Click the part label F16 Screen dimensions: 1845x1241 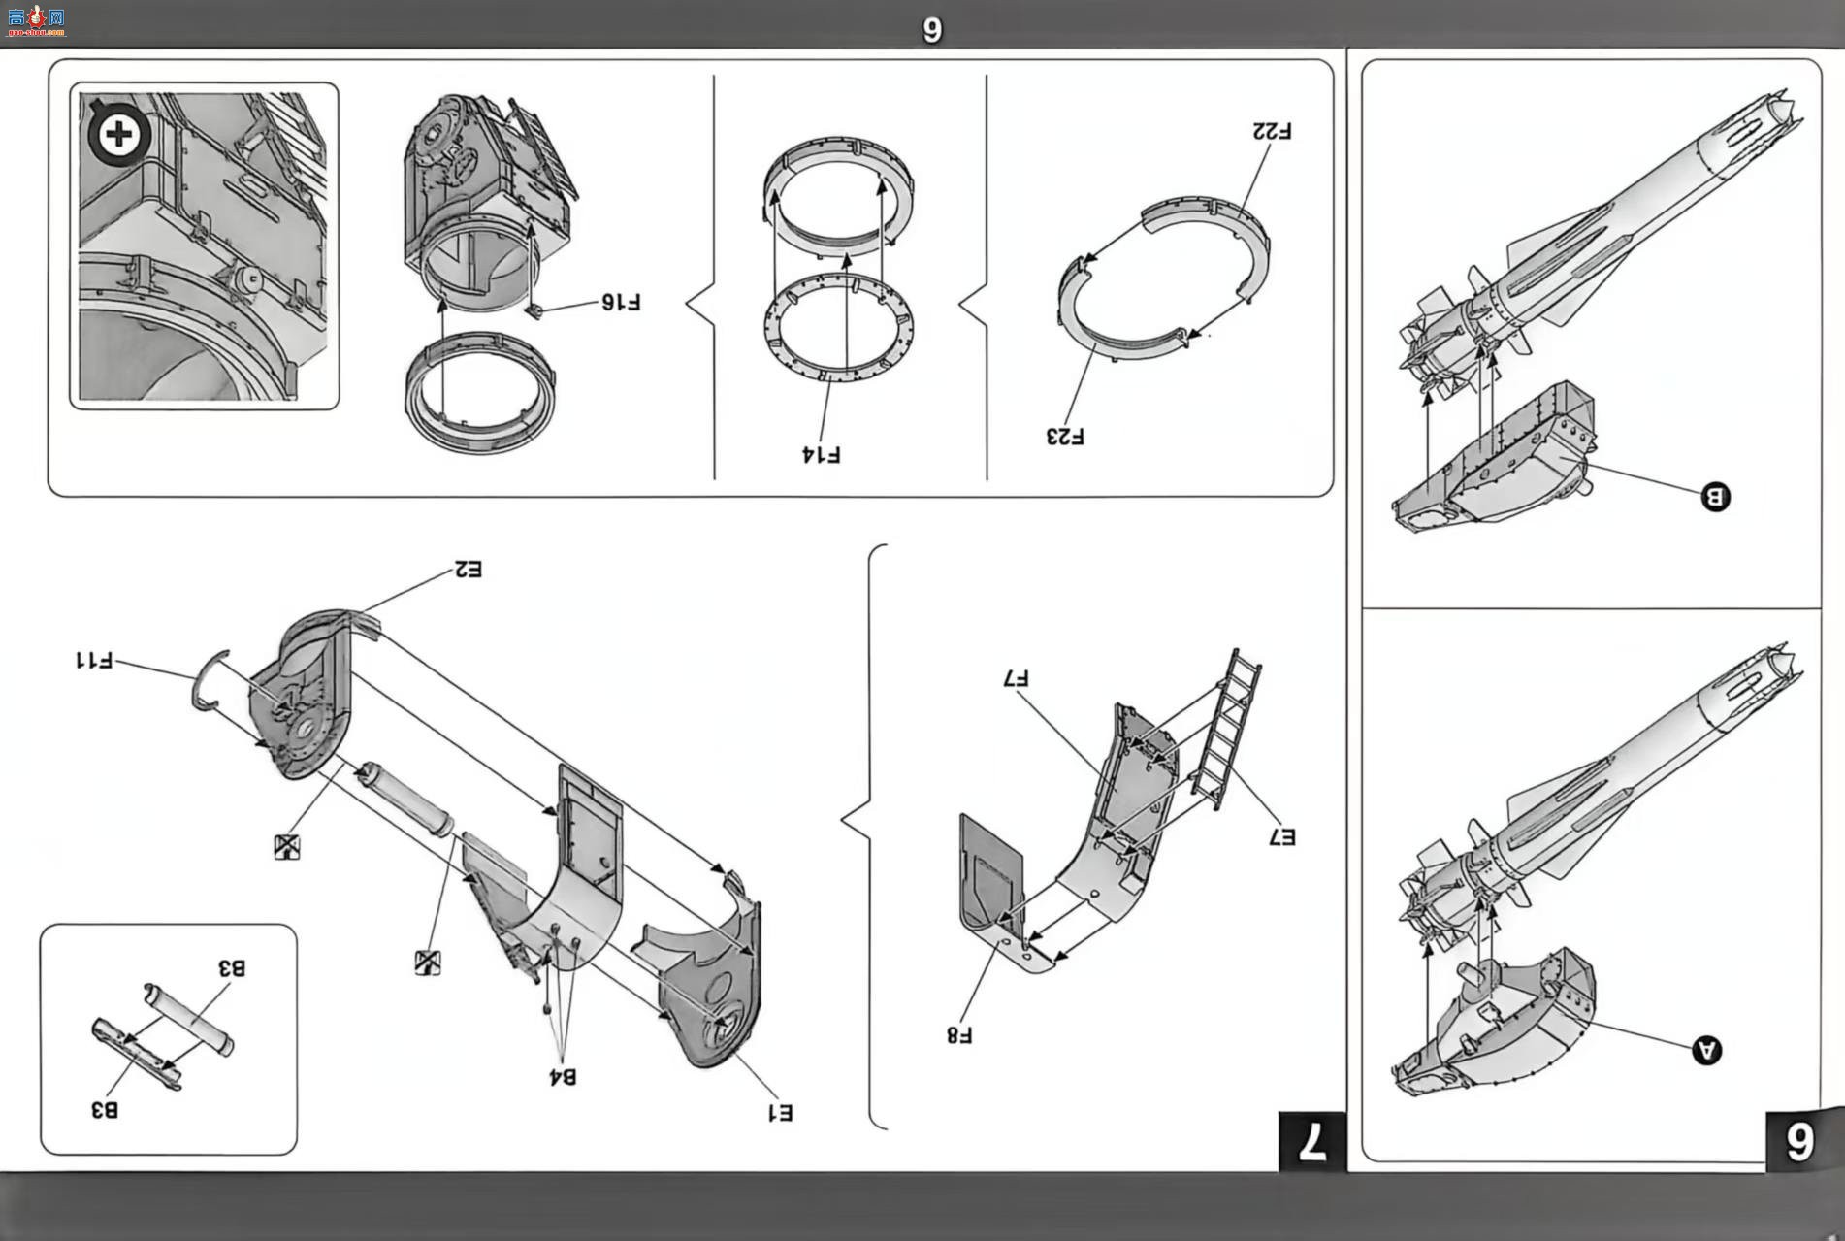621,303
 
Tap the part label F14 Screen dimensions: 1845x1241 821,454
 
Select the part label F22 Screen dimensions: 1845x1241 1272,130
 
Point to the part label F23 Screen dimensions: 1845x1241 1065,437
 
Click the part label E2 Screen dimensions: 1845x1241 468,570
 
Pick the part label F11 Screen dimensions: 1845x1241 94,661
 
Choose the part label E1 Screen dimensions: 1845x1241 780,1113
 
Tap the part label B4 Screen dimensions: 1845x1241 563,1076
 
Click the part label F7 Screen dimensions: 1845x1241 1016,679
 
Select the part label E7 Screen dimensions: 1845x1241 1281,836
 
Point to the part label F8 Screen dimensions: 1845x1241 959,1035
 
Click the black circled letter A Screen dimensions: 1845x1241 1706,1050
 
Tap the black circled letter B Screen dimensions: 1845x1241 1715,497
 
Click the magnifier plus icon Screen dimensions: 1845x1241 119,133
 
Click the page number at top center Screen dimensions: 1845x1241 931,30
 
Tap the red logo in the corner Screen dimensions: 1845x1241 35,19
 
